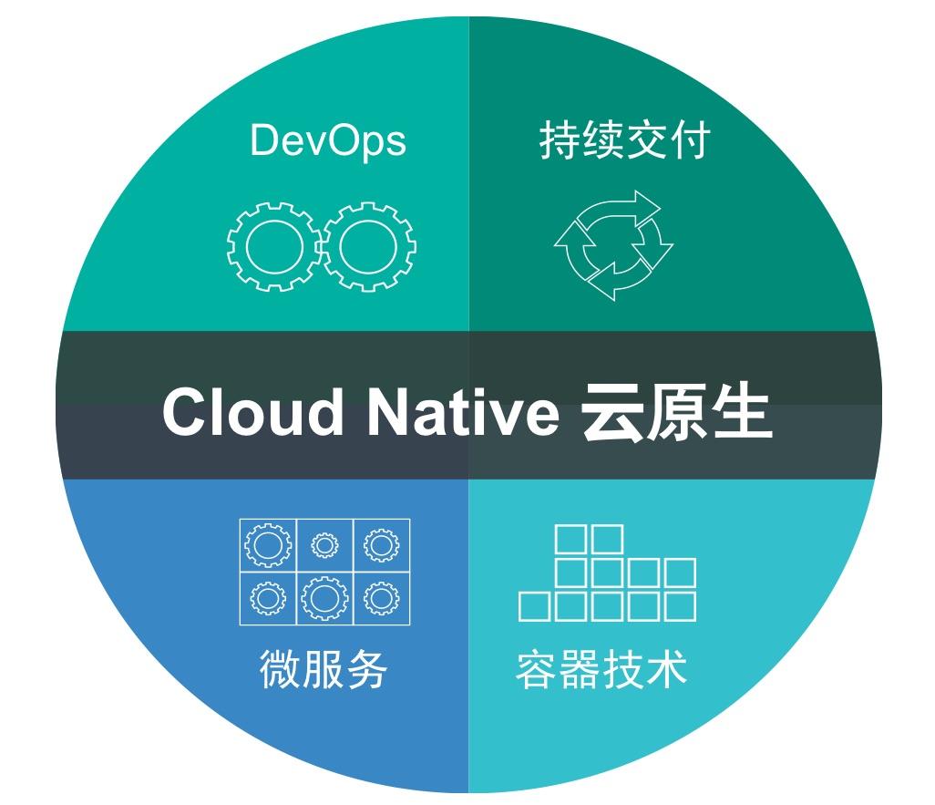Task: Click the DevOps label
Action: (327, 141)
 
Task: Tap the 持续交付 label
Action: (624, 141)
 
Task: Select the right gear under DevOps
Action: (369, 247)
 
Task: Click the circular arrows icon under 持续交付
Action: (613, 245)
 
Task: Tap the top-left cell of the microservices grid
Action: (268, 546)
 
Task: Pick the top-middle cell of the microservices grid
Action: (324, 546)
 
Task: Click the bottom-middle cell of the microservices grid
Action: (324, 598)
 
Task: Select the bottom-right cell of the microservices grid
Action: (381, 598)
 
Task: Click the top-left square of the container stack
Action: (571, 539)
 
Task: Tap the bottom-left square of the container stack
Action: (535, 606)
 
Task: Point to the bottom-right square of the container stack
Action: (680, 606)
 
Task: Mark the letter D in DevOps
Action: (262, 141)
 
